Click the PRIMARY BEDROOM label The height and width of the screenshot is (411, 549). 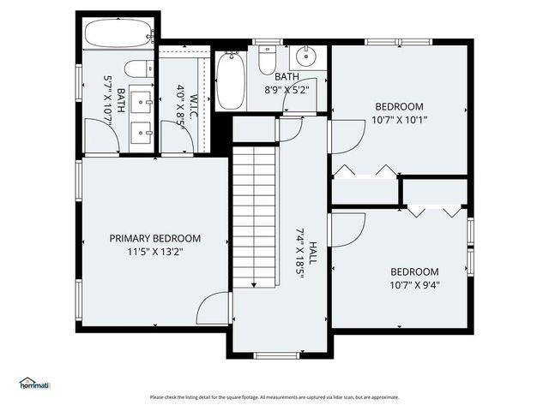(x=154, y=238)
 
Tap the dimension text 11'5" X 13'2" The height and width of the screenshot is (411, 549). (x=154, y=252)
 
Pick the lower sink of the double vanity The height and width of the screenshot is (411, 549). (x=142, y=133)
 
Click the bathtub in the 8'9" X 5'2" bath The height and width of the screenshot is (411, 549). (x=230, y=81)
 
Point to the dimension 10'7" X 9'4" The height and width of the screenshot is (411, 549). (x=402, y=285)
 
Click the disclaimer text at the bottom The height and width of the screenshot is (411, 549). (x=274, y=397)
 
